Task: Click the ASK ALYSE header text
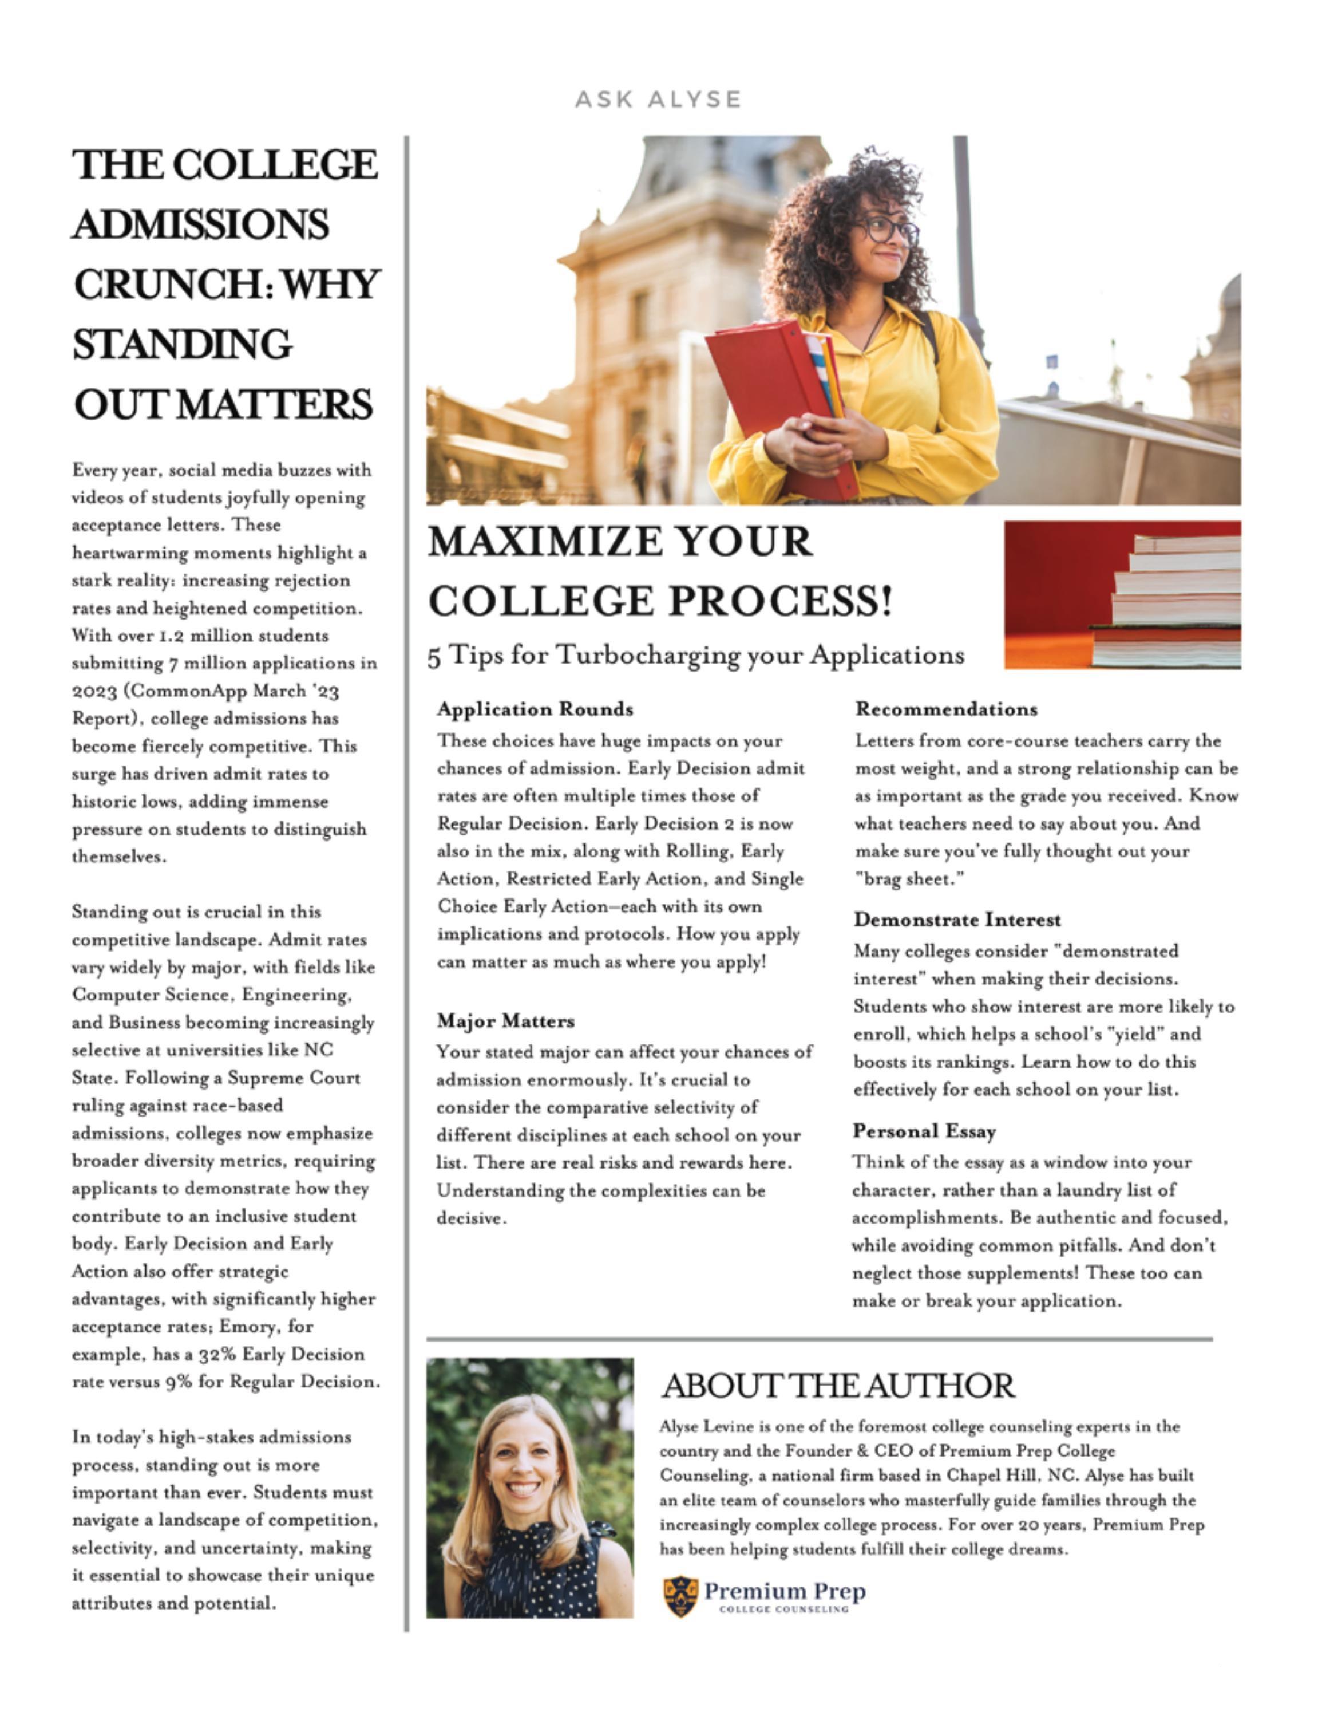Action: [658, 100]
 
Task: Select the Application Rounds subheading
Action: [535, 709]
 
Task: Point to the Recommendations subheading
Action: [946, 709]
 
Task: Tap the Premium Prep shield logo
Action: [679, 1597]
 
